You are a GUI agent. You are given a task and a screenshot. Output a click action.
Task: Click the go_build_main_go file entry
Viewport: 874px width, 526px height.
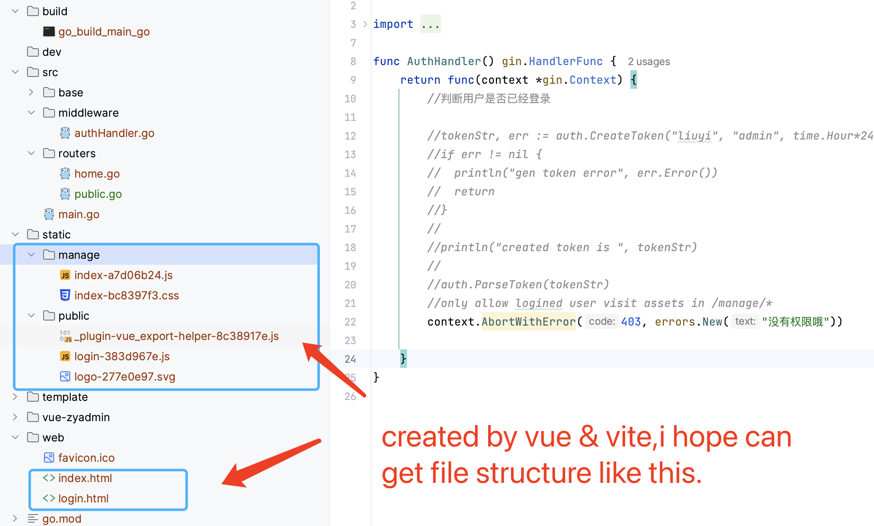[x=104, y=32]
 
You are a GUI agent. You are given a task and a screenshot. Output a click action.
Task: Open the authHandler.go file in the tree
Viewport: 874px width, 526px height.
[x=114, y=133]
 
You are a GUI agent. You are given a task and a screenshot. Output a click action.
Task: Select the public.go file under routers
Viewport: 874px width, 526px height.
[x=98, y=194]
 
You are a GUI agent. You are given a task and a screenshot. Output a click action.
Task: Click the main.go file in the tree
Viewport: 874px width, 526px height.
[x=79, y=214]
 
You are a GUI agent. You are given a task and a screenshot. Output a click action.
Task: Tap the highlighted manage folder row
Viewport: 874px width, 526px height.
[x=79, y=255]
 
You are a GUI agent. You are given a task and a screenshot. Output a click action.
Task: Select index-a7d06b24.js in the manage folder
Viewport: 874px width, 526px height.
[x=123, y=275]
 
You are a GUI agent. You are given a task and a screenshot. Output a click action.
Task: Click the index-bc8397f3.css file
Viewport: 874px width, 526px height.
[x=126, y=296]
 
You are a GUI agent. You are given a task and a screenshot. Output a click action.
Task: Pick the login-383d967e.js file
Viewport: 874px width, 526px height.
[x=122, y=356]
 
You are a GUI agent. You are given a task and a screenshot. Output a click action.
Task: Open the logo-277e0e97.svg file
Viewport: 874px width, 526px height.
[x=124, y=377]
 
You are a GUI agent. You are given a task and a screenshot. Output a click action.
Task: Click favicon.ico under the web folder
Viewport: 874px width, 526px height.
[x=86, y=458]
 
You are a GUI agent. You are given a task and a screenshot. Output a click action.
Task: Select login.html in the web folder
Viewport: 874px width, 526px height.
[x=83, y=499]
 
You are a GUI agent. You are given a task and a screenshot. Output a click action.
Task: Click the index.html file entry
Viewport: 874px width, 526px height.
[x=85, y=478]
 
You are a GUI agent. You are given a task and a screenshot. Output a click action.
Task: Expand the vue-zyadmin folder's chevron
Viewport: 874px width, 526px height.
[x=15, y=417]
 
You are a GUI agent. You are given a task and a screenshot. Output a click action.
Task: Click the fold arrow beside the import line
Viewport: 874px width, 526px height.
[x=365, y=24]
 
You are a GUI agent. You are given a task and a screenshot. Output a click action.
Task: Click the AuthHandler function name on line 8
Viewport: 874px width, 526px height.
[x=444, y=61]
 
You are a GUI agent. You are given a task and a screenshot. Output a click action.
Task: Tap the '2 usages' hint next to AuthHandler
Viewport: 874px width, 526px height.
[x=649, y=62]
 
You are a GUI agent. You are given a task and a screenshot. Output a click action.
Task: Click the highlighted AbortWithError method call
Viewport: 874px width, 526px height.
[x=528, y=322]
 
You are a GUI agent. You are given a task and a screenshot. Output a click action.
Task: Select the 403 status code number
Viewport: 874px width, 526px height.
[x=631, y=322]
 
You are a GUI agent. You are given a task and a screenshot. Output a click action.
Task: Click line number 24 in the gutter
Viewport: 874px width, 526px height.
[x=350, y=359]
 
